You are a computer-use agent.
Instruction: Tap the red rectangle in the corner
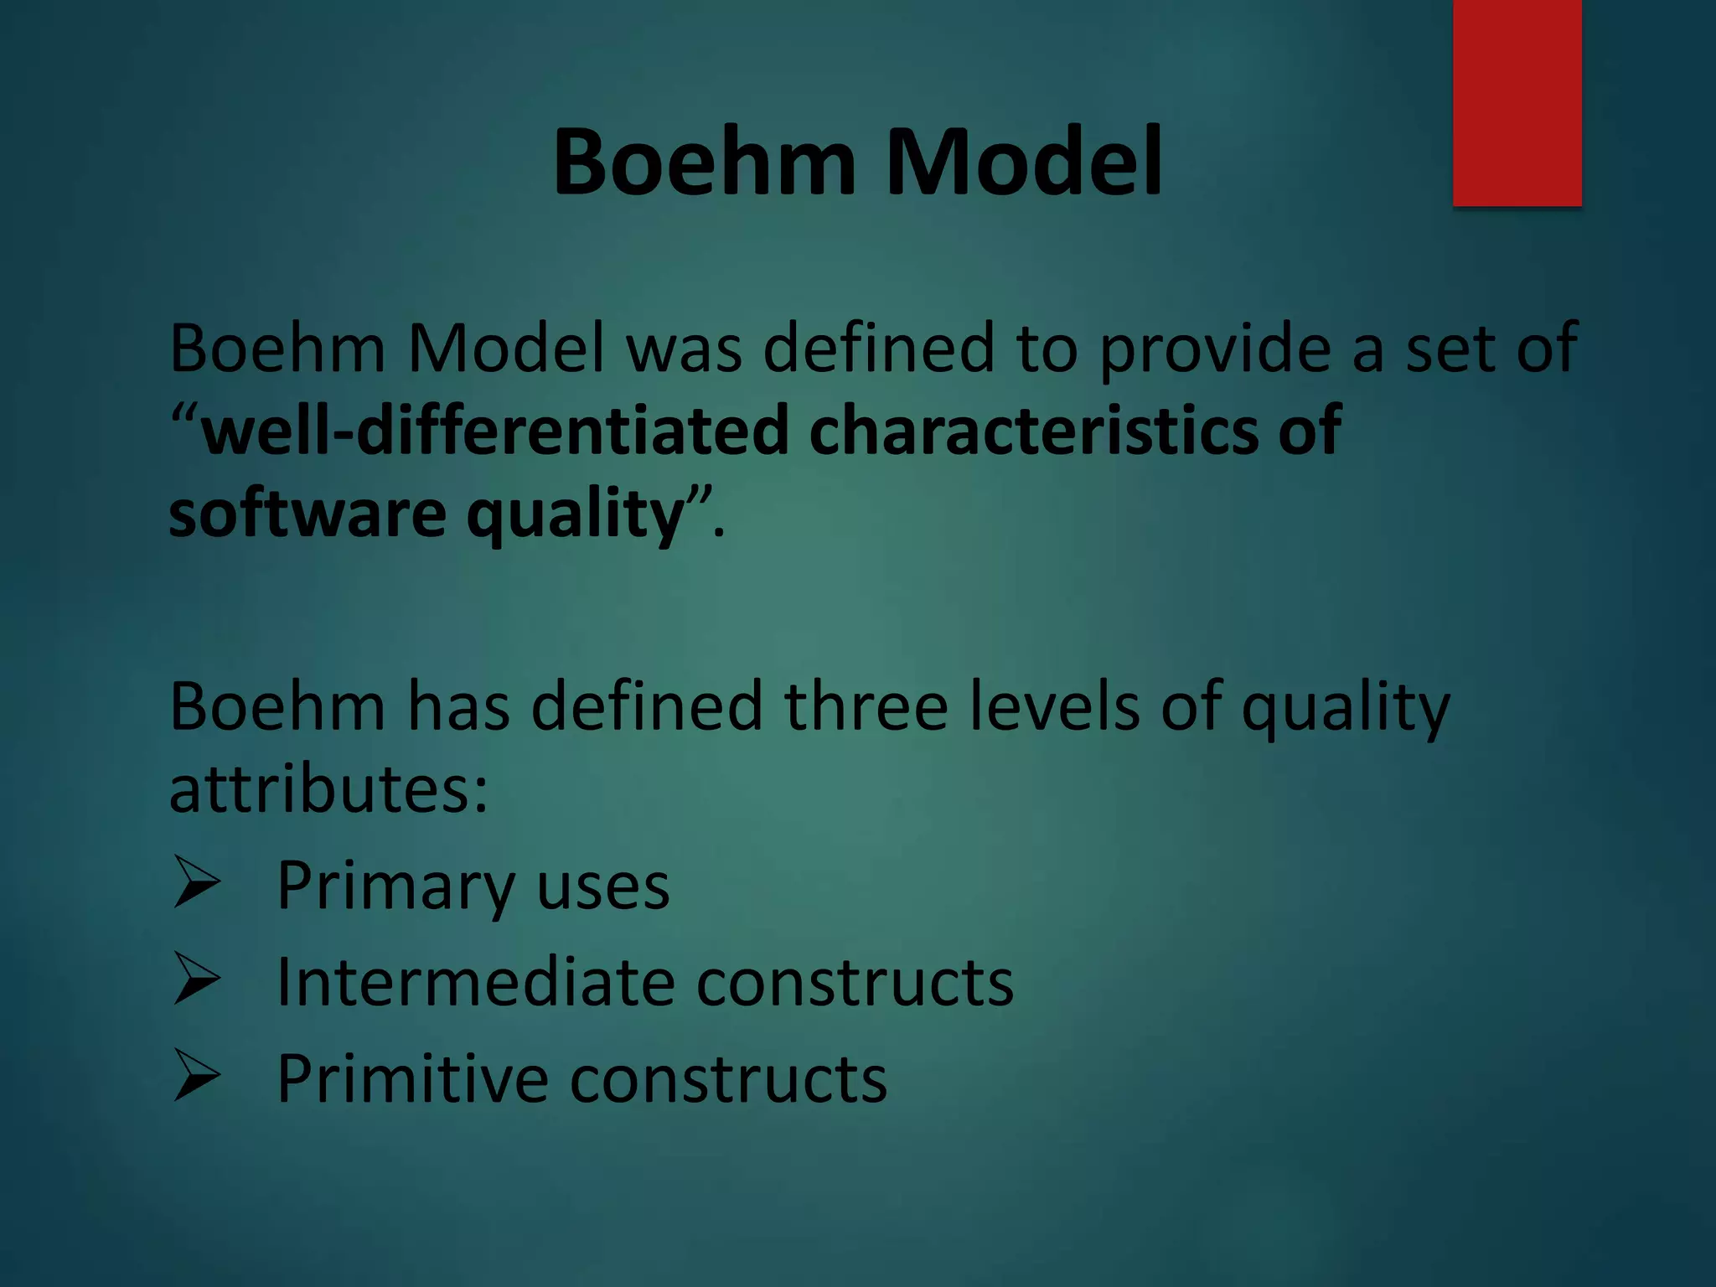coord(1517,102)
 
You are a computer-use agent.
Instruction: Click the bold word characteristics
coord(1034,430)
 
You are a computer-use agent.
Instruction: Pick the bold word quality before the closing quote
coord(576,516)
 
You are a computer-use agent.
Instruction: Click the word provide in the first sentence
coord(1214,348)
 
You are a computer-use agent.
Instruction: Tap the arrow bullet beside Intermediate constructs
coord(197,979)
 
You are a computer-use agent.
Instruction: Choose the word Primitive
coord(411,1078)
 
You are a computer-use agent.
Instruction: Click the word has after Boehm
coord(457,706)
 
